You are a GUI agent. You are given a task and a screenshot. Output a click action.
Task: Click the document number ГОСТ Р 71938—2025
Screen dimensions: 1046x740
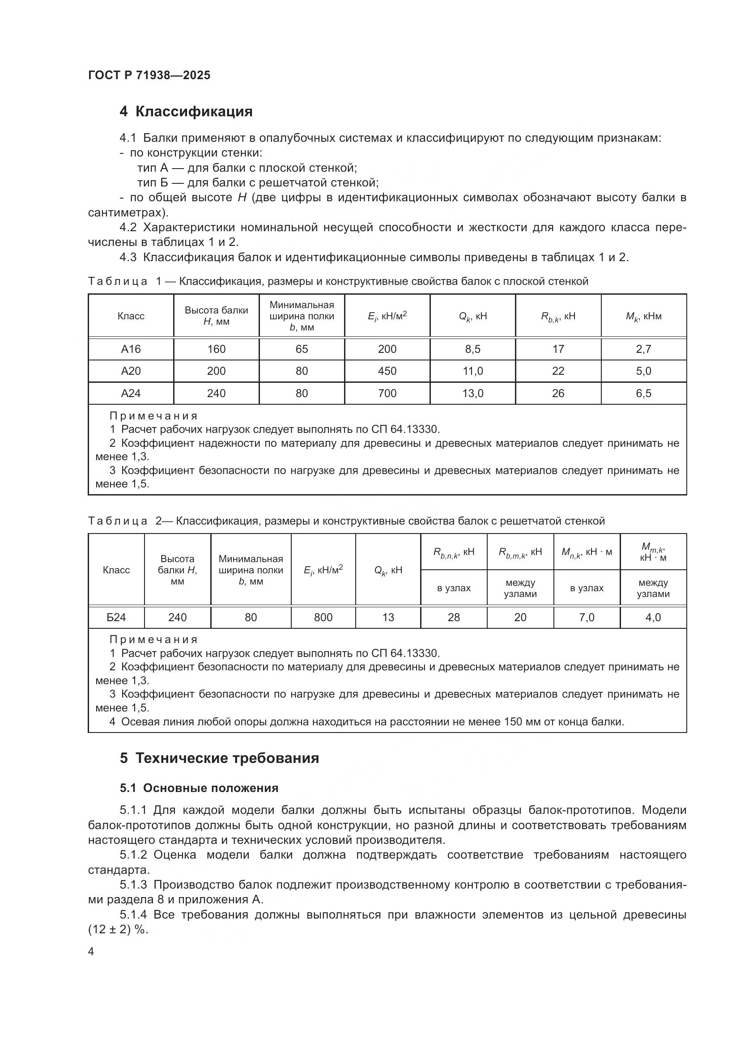pos(149,75)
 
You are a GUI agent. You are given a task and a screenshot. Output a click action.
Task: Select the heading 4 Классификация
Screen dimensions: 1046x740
pos(186,112)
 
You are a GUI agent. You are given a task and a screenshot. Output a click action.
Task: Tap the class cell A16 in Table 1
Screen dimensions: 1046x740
pos(131,349)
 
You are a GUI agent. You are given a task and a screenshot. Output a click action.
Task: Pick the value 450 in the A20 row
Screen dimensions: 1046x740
pos(387,371)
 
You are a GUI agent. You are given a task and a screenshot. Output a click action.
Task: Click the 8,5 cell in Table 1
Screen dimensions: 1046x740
pos(472,349)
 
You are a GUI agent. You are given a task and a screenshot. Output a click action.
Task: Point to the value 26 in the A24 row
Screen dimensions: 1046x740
pos(558,393)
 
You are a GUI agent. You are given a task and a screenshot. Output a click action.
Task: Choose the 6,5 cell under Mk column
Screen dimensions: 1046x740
pos(643,393)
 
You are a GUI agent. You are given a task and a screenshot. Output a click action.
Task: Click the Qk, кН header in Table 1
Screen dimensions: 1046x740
pos(472,316)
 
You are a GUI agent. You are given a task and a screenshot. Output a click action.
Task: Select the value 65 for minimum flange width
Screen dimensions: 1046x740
pos(302,349)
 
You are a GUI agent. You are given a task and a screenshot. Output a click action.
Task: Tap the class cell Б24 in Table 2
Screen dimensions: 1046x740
pos(116,617)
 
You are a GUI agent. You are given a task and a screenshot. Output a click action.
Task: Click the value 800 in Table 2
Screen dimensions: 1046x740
pos(323,617)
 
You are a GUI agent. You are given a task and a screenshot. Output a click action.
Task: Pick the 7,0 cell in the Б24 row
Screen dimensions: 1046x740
pos(587,617)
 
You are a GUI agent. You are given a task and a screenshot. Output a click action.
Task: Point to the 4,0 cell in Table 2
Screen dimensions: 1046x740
pos(653,617)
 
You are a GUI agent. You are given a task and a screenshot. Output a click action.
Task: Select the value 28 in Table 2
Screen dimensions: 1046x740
pos(453,617)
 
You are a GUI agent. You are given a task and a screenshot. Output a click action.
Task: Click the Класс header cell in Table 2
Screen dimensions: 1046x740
pos(116,570)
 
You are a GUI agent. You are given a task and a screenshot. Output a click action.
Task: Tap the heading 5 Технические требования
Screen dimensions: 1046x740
pos(219,758)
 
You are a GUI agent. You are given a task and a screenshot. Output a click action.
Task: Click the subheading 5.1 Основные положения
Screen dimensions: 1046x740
pos(199,788)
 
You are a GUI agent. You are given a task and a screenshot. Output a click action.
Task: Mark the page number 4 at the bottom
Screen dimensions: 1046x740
pos(91,952)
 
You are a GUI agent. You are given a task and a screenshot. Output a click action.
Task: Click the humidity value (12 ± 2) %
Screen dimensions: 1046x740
pos(119,930)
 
